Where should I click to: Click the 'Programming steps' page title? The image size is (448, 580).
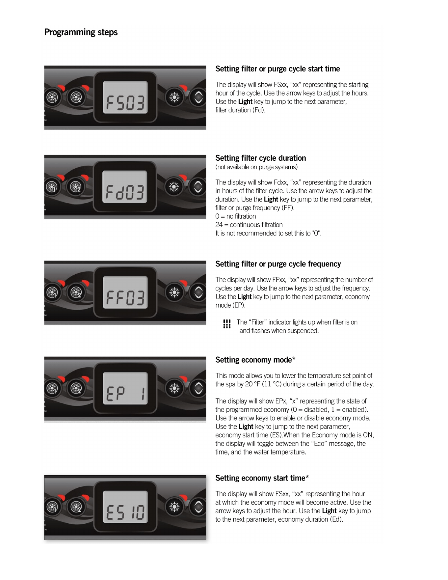point(81,32)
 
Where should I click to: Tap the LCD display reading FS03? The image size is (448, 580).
point(125,97)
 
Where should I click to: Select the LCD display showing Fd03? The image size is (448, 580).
point(125,187)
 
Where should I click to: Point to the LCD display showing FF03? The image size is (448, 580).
point(125,292)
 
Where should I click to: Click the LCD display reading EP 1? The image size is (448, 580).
point(125,388)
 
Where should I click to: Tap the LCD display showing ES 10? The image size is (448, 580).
point(125,507)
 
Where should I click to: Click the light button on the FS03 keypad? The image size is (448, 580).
point(174,97)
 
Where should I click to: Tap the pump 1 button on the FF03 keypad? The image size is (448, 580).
point(52,292)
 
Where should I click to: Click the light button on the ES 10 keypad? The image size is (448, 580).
point(174,507)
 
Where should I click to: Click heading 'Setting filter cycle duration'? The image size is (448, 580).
point(261,158)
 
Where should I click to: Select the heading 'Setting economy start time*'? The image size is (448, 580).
point(262,478)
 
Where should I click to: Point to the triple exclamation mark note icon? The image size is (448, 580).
point(227,324)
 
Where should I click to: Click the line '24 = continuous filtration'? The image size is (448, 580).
point(249,225)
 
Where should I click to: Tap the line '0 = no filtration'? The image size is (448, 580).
point(235,216)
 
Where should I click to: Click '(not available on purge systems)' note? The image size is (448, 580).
point(256,167)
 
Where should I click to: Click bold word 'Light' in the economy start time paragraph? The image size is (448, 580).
point(329,511)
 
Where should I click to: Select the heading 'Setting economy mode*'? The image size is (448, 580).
point(255,360)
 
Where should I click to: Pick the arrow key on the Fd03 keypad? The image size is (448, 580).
point(198,187)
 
